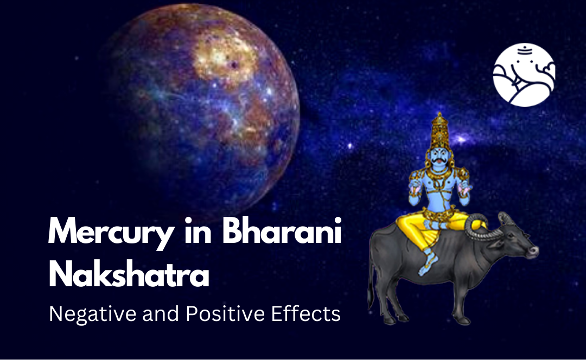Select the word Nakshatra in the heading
point(129,275)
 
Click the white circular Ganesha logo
point(524,75)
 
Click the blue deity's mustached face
point(435,157)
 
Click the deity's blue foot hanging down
point(427,266)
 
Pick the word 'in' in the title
point(195,232)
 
